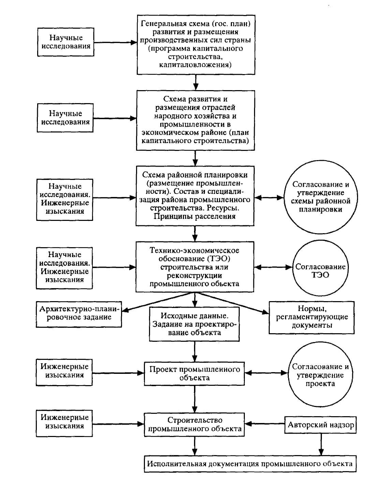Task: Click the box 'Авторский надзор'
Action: (x=320, y=425)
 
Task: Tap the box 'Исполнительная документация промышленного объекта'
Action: (x=250, y=464)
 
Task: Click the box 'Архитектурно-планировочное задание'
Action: (x=79, y=314)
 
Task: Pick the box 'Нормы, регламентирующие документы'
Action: (x=312, y=318)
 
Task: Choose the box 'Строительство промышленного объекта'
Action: (x=194, y=424)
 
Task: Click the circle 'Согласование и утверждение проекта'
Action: (x=320, y=374)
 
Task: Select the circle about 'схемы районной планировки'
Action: (x=321, y=197)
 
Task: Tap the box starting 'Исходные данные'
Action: (x=194, y=324)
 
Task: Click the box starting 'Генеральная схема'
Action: (x=196, y=45)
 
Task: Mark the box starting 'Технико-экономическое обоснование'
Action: (x=195, y=267)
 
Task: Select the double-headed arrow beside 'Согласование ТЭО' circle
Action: (x=273, y=267)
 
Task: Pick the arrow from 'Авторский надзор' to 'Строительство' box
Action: (x=265, y=424)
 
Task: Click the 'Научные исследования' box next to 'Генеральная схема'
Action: (x=65, y=42)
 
